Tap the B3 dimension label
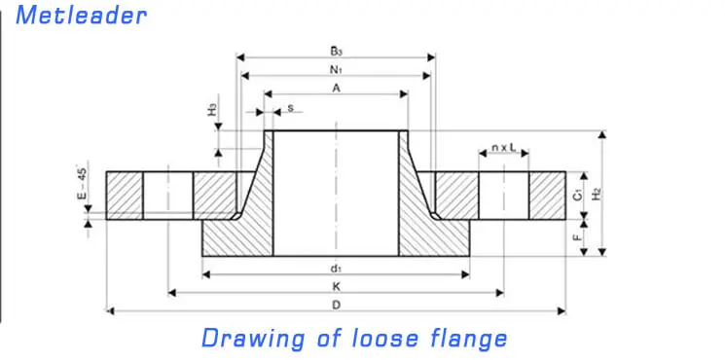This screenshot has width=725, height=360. point(335,51)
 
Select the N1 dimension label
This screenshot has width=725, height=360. point(335,70)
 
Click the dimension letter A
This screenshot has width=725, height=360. point(336,88)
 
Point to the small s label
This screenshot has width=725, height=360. point(290,108)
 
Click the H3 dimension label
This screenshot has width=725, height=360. point(212,110)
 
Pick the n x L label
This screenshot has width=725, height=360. point(503,148)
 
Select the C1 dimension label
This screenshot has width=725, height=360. point(578,195)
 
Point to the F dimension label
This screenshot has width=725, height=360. point(578,236)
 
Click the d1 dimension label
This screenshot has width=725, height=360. point(336,269)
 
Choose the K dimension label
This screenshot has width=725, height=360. point(336,286)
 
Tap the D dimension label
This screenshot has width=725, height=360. point(336,305)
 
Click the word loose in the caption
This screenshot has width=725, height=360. point(369,338)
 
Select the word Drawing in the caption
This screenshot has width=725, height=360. point(253,339)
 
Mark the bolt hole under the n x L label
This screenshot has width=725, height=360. point(503,196)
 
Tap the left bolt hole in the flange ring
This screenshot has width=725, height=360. point(168,196)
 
